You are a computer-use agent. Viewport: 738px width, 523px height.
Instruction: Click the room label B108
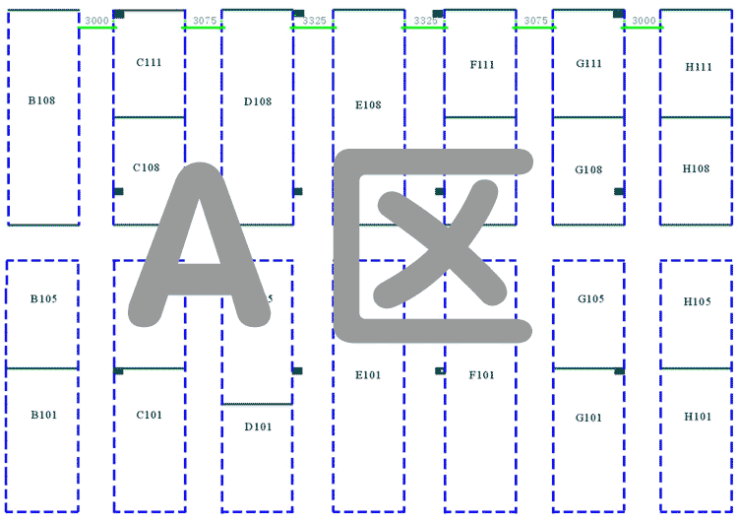[40, 100]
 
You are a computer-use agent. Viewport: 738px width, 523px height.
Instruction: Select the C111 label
[149, 62]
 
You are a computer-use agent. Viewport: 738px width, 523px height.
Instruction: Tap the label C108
[146, 167]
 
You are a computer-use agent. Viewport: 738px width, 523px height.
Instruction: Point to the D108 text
[257, 100]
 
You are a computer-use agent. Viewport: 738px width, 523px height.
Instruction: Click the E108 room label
[368, 104]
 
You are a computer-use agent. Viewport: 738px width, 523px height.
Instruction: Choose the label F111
[482, 64]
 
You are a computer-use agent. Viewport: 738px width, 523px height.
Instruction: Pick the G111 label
[588, 63]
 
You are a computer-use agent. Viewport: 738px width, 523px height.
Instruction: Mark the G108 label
[588, 169]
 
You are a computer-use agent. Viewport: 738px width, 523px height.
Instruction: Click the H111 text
[699, 67]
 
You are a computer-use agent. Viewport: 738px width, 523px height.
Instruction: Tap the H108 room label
[696, 168]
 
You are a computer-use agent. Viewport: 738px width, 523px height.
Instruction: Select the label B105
[42, 297]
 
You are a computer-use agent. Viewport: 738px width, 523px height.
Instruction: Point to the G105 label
[590, 298]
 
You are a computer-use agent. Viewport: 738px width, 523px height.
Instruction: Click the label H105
[698, 301]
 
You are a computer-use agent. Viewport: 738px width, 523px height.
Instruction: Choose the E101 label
[368, 374]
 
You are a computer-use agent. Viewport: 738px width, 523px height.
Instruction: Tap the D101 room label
[257, 426]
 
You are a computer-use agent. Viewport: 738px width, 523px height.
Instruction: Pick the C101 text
[150, 415]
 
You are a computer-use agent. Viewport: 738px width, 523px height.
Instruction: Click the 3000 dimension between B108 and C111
[96, 20]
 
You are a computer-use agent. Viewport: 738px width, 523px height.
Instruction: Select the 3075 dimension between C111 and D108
[204, 20]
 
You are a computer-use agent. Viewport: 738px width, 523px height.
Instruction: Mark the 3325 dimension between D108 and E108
[314, 20]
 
